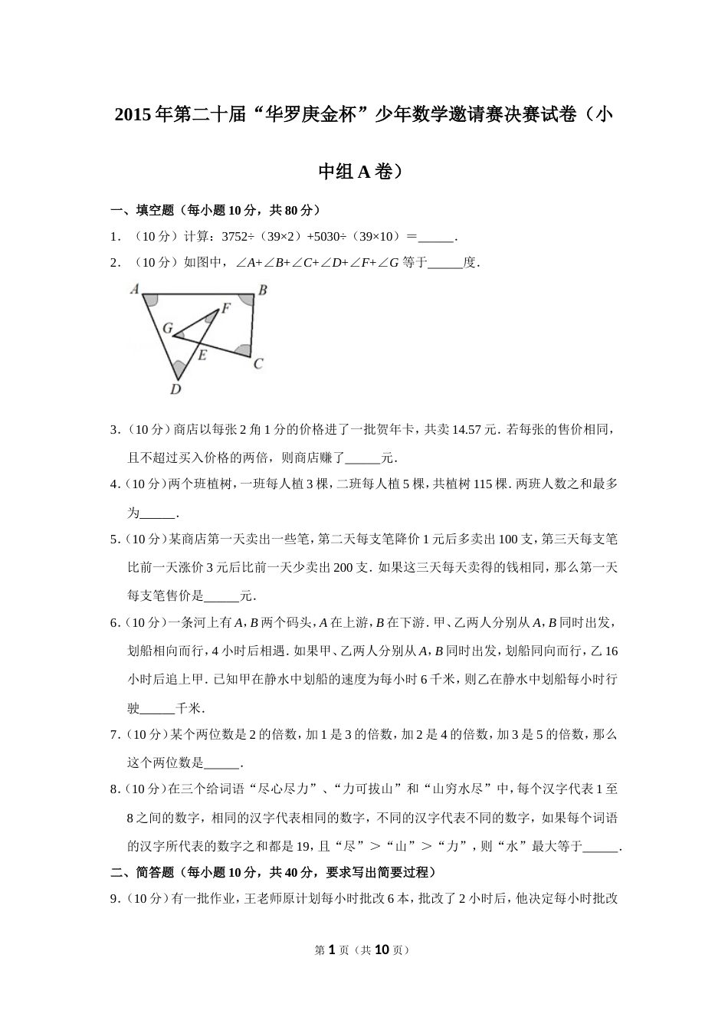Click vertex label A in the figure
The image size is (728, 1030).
point(135,290)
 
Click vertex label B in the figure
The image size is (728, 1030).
point(262,290)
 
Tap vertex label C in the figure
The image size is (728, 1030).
point(258,363)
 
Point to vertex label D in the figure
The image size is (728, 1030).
point(175,389)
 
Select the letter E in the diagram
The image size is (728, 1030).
point(202,355)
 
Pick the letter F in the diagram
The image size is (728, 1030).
point(225,309)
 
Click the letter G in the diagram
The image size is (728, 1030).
point(167,327)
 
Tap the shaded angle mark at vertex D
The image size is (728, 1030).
point(179,369)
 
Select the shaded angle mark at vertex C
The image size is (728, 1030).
point(244,350)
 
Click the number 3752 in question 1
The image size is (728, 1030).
point(234,237)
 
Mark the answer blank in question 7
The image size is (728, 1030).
point(222,763)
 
